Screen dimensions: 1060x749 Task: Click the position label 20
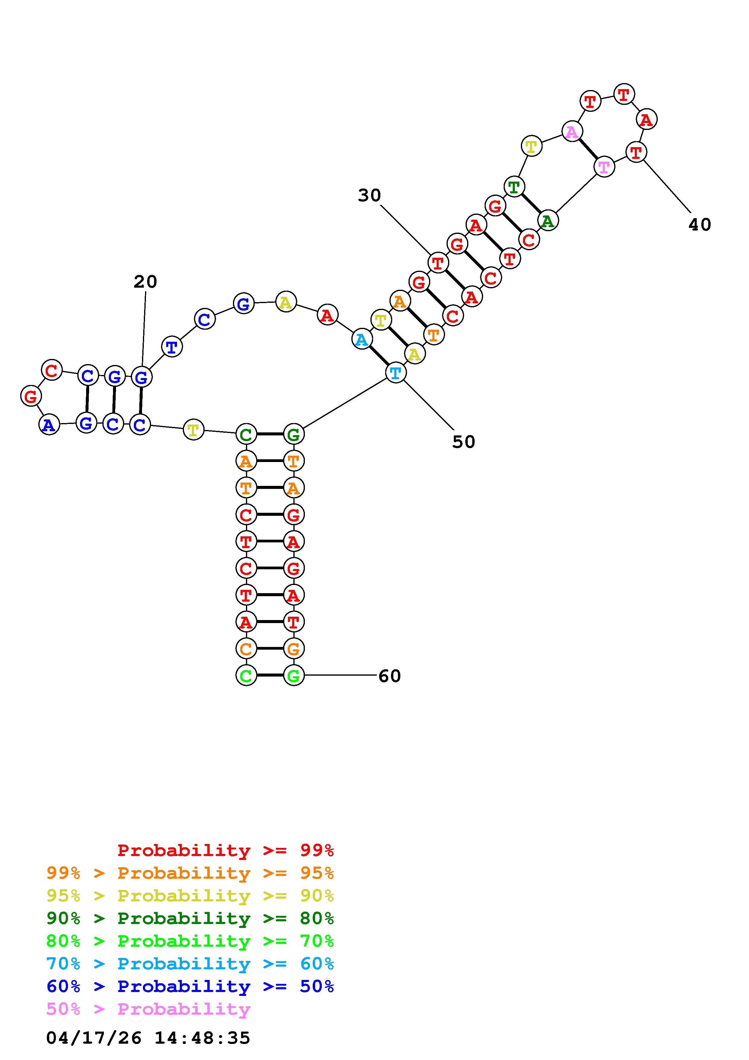(x=145, y=282)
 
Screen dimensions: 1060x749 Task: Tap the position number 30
(x=369, y=195)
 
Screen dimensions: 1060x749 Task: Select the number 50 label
(x=463, y=442)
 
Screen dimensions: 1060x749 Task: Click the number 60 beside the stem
(x=389, y=676)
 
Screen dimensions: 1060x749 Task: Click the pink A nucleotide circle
(x=571, y=132)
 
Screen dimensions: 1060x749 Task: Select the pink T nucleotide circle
(x=604, y=167)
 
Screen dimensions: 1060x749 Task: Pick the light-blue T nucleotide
(x=395, y=373)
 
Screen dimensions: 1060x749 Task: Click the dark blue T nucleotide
(x=172, y=347)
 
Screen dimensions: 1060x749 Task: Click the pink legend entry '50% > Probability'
(x=148, y=1009)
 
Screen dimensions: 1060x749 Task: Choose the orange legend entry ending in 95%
(x=190, y=873)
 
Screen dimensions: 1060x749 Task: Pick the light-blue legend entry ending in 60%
(x=190, y=964)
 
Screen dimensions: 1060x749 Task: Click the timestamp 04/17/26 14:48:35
(x=148, y=1038)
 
